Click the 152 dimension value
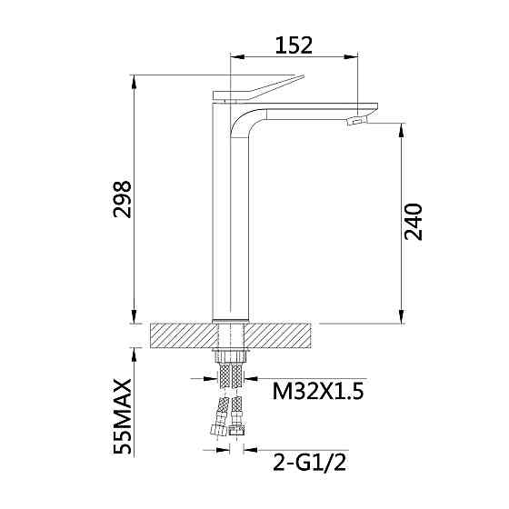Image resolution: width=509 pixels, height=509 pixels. click(x=294, y=44)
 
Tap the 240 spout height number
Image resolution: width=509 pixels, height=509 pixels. click(x=414, y=221)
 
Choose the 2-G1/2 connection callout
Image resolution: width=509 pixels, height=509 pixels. click(x=308, y=463)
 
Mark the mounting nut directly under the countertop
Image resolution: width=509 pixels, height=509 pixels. click(x=231, y=354)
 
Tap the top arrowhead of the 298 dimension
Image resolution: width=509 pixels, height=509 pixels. click(x=135, y=82)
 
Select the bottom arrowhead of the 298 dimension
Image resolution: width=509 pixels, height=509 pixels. click(x=135, y=317)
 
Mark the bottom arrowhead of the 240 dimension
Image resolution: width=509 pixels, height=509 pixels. click(x=400, y=317)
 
